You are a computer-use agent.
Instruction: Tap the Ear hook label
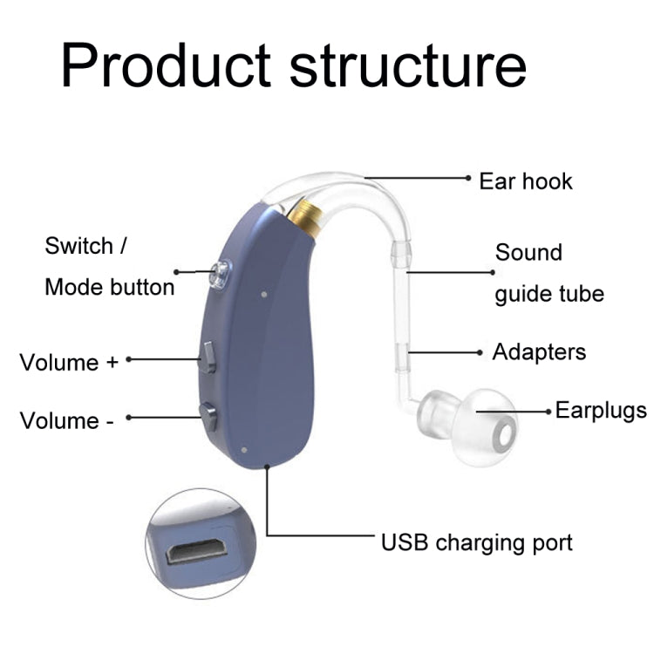pyautogui.click(x=526, y=181)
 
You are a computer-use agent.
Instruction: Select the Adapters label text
pyautogui.click(x=539, y=352)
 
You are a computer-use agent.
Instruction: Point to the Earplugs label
pyautogui.click(x=601, y=410)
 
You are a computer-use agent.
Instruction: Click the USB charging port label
pyautogui.click(x=477, y=542)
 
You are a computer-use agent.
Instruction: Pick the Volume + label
pyautogui.click(x=69, y=362)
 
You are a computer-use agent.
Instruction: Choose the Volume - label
pyautogui.click(x=67, y=420)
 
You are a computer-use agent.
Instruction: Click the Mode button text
pyautogui.click(x=109, y=287)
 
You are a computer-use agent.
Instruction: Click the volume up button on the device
pyautogui.click(x=208, y=357)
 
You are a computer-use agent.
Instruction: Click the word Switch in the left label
pyautogui.click(x=79, y=246)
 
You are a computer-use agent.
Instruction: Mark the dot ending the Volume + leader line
pyautogui.click(x=128, y=358)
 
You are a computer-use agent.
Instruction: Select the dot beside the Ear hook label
pyautogui.click(x=470, y=177)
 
